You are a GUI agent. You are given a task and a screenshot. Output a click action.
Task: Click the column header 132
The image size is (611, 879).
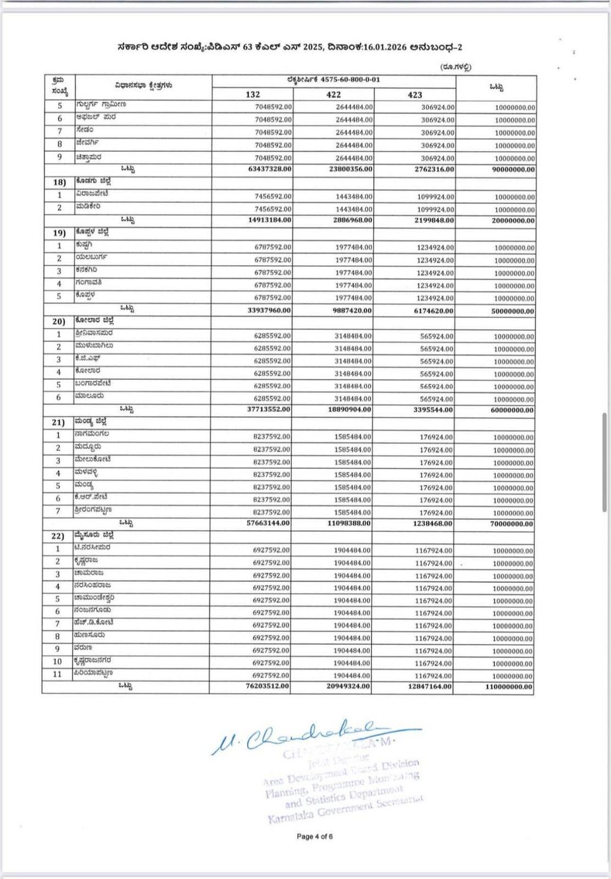click(253, 94)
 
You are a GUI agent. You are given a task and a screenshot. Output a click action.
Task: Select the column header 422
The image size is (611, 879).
click(334, 94)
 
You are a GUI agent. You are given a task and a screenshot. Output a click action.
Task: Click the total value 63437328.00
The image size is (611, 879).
click(270, 169)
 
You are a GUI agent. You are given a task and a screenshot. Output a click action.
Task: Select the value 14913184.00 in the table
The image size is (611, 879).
click(270, 220)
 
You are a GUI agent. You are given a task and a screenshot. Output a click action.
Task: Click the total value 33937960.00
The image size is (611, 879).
click(269, 310)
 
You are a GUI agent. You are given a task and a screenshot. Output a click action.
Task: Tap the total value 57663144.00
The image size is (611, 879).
click(268, 524)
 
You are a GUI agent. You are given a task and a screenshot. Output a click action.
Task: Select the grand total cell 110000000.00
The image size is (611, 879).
click(509, 687)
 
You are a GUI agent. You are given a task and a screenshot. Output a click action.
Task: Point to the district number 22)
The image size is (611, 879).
click(59, 536)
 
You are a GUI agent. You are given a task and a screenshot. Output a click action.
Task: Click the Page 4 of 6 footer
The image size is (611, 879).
click(314, 837)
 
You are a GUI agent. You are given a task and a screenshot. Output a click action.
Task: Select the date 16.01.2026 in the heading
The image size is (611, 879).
click(385, 48)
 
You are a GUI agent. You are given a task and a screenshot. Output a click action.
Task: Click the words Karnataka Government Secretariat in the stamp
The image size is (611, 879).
click(345, 809)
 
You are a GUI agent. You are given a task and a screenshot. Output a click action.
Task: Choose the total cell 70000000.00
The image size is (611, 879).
click(511, 524)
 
